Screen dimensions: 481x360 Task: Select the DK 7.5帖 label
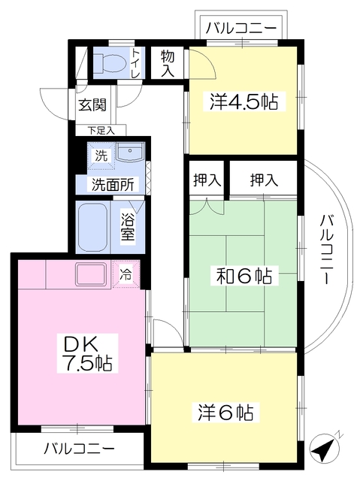coord(86,354)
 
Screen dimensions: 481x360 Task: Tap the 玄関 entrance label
coord(92,104)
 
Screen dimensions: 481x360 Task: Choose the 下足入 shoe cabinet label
coord(100,130)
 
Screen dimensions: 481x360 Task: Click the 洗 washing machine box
coord(101,156)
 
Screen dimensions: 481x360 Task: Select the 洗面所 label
coord(112,183)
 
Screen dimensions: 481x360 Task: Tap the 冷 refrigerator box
coord(126,274)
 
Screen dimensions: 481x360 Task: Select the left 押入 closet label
coord(206,180)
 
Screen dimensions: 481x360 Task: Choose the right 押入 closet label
coord(264,180)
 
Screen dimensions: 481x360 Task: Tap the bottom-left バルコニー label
coord(79,450)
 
